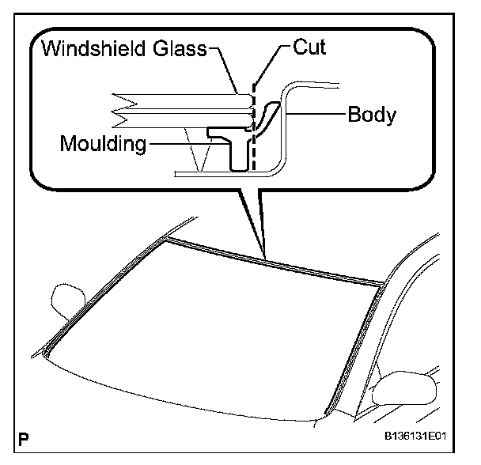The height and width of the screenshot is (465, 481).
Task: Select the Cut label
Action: (x=309, y=47)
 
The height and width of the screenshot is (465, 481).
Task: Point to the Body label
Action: (x=372, y=115)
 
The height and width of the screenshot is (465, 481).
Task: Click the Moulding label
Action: (x=103, y=144)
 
